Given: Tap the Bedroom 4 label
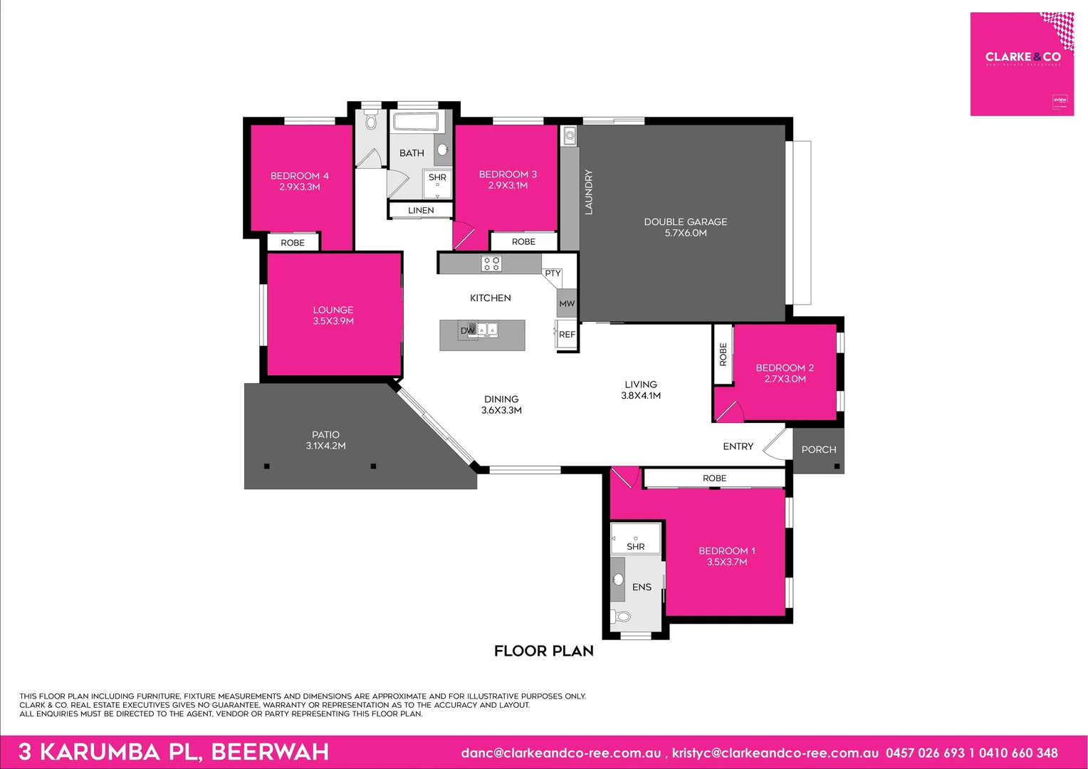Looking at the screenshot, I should click(x=299, y=176).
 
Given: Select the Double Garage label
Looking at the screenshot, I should click(x=685, y=222).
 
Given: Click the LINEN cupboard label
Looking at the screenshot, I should click(x=421, y=211).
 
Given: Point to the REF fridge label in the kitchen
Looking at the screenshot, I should click(x=567, y=335).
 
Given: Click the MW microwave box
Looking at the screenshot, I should click(x=567, y=303).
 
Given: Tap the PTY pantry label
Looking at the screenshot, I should click(x=553, y=273).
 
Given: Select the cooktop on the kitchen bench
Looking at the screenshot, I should click(x=491, y=264).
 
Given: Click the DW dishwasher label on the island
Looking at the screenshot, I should click(x=467, y=330).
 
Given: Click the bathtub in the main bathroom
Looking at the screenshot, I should click(x=415, y=121).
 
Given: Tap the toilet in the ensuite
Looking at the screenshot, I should click(x=622, y=616).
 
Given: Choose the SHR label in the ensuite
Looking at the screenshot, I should click(x=636, y=547).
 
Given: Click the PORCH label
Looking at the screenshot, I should click(x=818, y=450).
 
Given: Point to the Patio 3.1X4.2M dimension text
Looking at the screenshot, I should click(x=325, y=446).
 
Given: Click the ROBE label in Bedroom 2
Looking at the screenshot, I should click(x=723, y=355).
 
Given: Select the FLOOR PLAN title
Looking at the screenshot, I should click(x=543, y=651).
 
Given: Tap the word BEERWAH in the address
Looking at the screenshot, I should click(x=270, y=752).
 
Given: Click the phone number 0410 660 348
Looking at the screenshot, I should click(x=1018, y=753).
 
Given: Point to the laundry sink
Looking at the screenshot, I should click(x=569, y=135).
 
